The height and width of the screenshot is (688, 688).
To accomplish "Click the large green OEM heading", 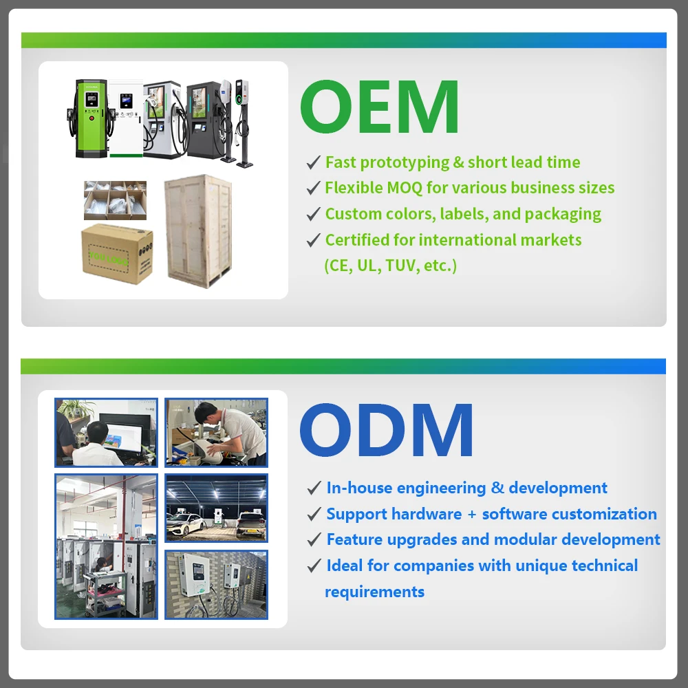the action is tap(380, 107).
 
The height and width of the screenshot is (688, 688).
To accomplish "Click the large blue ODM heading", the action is tap(386, 431).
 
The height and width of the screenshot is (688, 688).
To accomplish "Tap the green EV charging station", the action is tap(91, 118).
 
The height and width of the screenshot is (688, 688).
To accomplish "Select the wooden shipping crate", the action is tap(198, 231).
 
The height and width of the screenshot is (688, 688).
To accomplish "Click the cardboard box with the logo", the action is tap(117, 254).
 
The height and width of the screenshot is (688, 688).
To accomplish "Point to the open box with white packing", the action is tap(115, 200).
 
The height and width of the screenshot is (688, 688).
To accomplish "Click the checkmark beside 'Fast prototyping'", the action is tap(313, 162).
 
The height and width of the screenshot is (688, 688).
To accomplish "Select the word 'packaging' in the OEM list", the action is tap(563, 215).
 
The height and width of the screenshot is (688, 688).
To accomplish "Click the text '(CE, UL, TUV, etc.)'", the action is tap(391, 266).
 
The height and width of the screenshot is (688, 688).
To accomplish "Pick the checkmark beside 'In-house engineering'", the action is tap(314, 488).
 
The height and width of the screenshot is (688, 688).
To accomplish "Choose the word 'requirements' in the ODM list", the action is tap(374, 592).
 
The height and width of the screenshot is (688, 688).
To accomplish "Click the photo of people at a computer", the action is tap(106, 432).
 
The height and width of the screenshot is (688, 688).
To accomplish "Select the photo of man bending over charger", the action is tap(216, 432).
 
